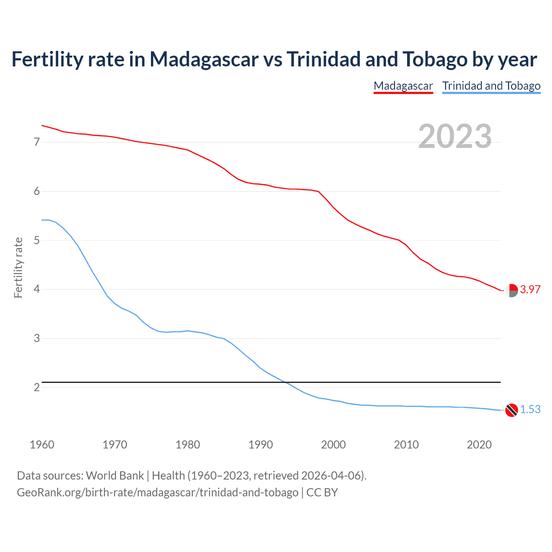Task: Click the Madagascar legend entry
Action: click(403, 86)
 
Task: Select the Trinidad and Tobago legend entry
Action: click(491, 86)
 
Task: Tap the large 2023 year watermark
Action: click(455, 136)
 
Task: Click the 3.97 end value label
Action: click(530, 290)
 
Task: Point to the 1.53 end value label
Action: click(530, 410)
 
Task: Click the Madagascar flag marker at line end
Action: click(511, 291)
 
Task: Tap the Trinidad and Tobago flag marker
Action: click(511, 410)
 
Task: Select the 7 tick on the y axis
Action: click(37, 142)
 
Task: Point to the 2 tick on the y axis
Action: click(37, 387)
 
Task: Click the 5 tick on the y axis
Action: click(37, 240)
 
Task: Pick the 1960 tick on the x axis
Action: click(42, 445)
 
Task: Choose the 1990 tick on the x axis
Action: click(260, 445)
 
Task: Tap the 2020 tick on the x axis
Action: click(479, 445)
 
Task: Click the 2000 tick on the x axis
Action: click(333, 445)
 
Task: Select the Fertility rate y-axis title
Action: click(18, 267)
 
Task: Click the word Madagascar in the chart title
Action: click(204, 60)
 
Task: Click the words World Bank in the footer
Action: click(115, 476)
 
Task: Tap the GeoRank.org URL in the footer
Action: click(157, 492)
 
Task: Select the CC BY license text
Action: click(322, 492)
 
